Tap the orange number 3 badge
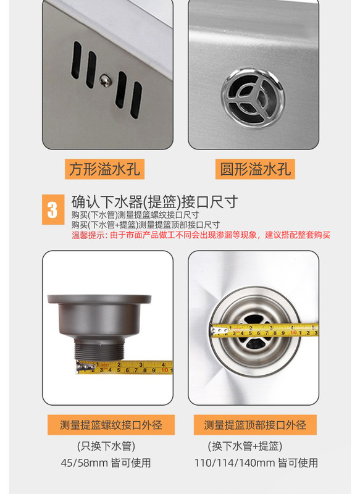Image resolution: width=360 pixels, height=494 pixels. point(52,209)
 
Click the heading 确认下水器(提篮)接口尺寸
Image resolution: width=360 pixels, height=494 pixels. point(154,202)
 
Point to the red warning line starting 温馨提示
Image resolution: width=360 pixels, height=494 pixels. point(201,235)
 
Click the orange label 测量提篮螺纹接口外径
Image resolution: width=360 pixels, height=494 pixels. point(111,425)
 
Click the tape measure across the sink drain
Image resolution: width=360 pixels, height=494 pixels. point(266,330)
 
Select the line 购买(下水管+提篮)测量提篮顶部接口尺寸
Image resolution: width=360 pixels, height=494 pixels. point(146,224)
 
